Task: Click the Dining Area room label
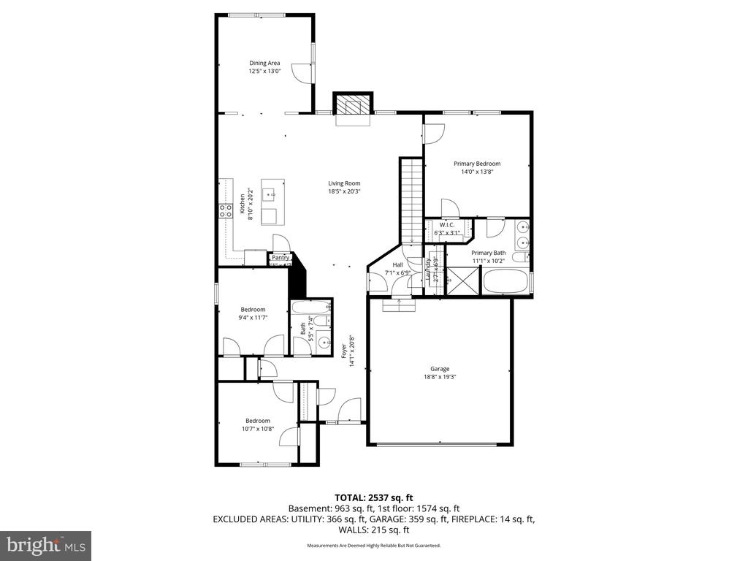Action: click(264, 63)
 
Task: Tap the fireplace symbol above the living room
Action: click(354, 107)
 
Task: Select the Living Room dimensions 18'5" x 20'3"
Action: click(344, 191)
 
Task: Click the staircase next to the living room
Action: click(411, 201)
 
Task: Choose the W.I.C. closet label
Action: click(448, 225)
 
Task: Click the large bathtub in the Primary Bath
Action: click(505, 282)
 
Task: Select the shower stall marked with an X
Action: click(462, 280)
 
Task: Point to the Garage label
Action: click(439, 369)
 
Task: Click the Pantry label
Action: click(280, 257)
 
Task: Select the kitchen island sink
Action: click(270, 194)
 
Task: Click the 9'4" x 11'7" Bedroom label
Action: click(253, 309)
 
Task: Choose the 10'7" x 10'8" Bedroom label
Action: click(258, 421)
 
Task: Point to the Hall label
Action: click(397, 265)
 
